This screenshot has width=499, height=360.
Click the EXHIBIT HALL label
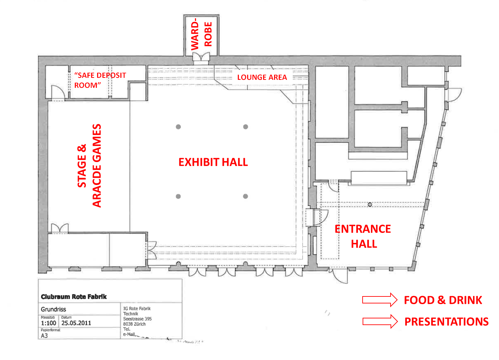pyautogui.click(x=213, y=162)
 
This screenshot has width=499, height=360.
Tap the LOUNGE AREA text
pyautogui.click(x=262, y=77)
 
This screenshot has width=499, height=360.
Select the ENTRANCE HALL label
pyautogui.click(x=363, y=236)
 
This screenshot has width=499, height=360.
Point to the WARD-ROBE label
pyautogui.click(x=201, y=35)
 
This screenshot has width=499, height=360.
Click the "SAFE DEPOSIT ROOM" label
pyautogui.click(x=100, y=80)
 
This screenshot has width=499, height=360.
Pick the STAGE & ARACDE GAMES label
pyautogui.click(x=89, y=165)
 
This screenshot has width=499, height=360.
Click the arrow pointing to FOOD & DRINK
pyautogui.click(x=380, y=300)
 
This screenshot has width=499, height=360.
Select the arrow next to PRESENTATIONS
pyautogui.click(x=380, y=321)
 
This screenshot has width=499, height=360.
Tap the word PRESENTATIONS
pyautogui.click(x=446, y=322)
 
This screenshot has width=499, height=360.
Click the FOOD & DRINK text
pyautogui.click(x=443, y=300)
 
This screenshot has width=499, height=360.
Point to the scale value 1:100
pyautogui.click(x=48, y=323)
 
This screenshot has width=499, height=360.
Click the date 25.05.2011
pyautogui.click(x=76, y=323)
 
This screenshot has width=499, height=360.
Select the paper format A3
pyautogui.click(x=44, y=335)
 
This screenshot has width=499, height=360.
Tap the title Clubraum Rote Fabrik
pyautogui.click(x=74, y=296)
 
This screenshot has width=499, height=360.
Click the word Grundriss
pyautogui.click(x=54, y=309)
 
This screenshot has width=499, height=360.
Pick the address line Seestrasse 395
pyautogui.click(x=137, y=319)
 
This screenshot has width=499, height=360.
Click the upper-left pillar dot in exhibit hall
pyautogui.click(x=178, y=127)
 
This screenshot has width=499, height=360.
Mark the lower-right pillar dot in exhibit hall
pyautogui.click(x=246, y=196)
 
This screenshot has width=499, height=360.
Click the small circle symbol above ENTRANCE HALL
pyautogui.click(x=370, y=205)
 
